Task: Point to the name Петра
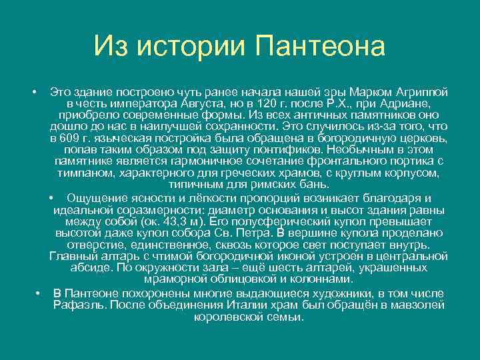coord(251,233)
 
